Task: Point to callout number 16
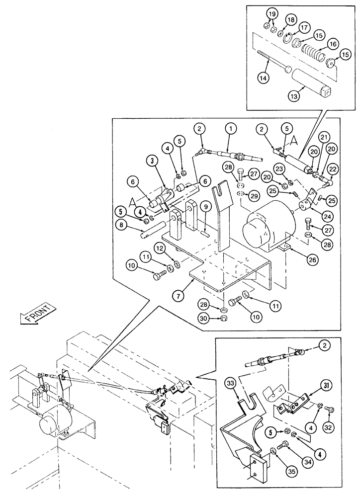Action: pos(330,44)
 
